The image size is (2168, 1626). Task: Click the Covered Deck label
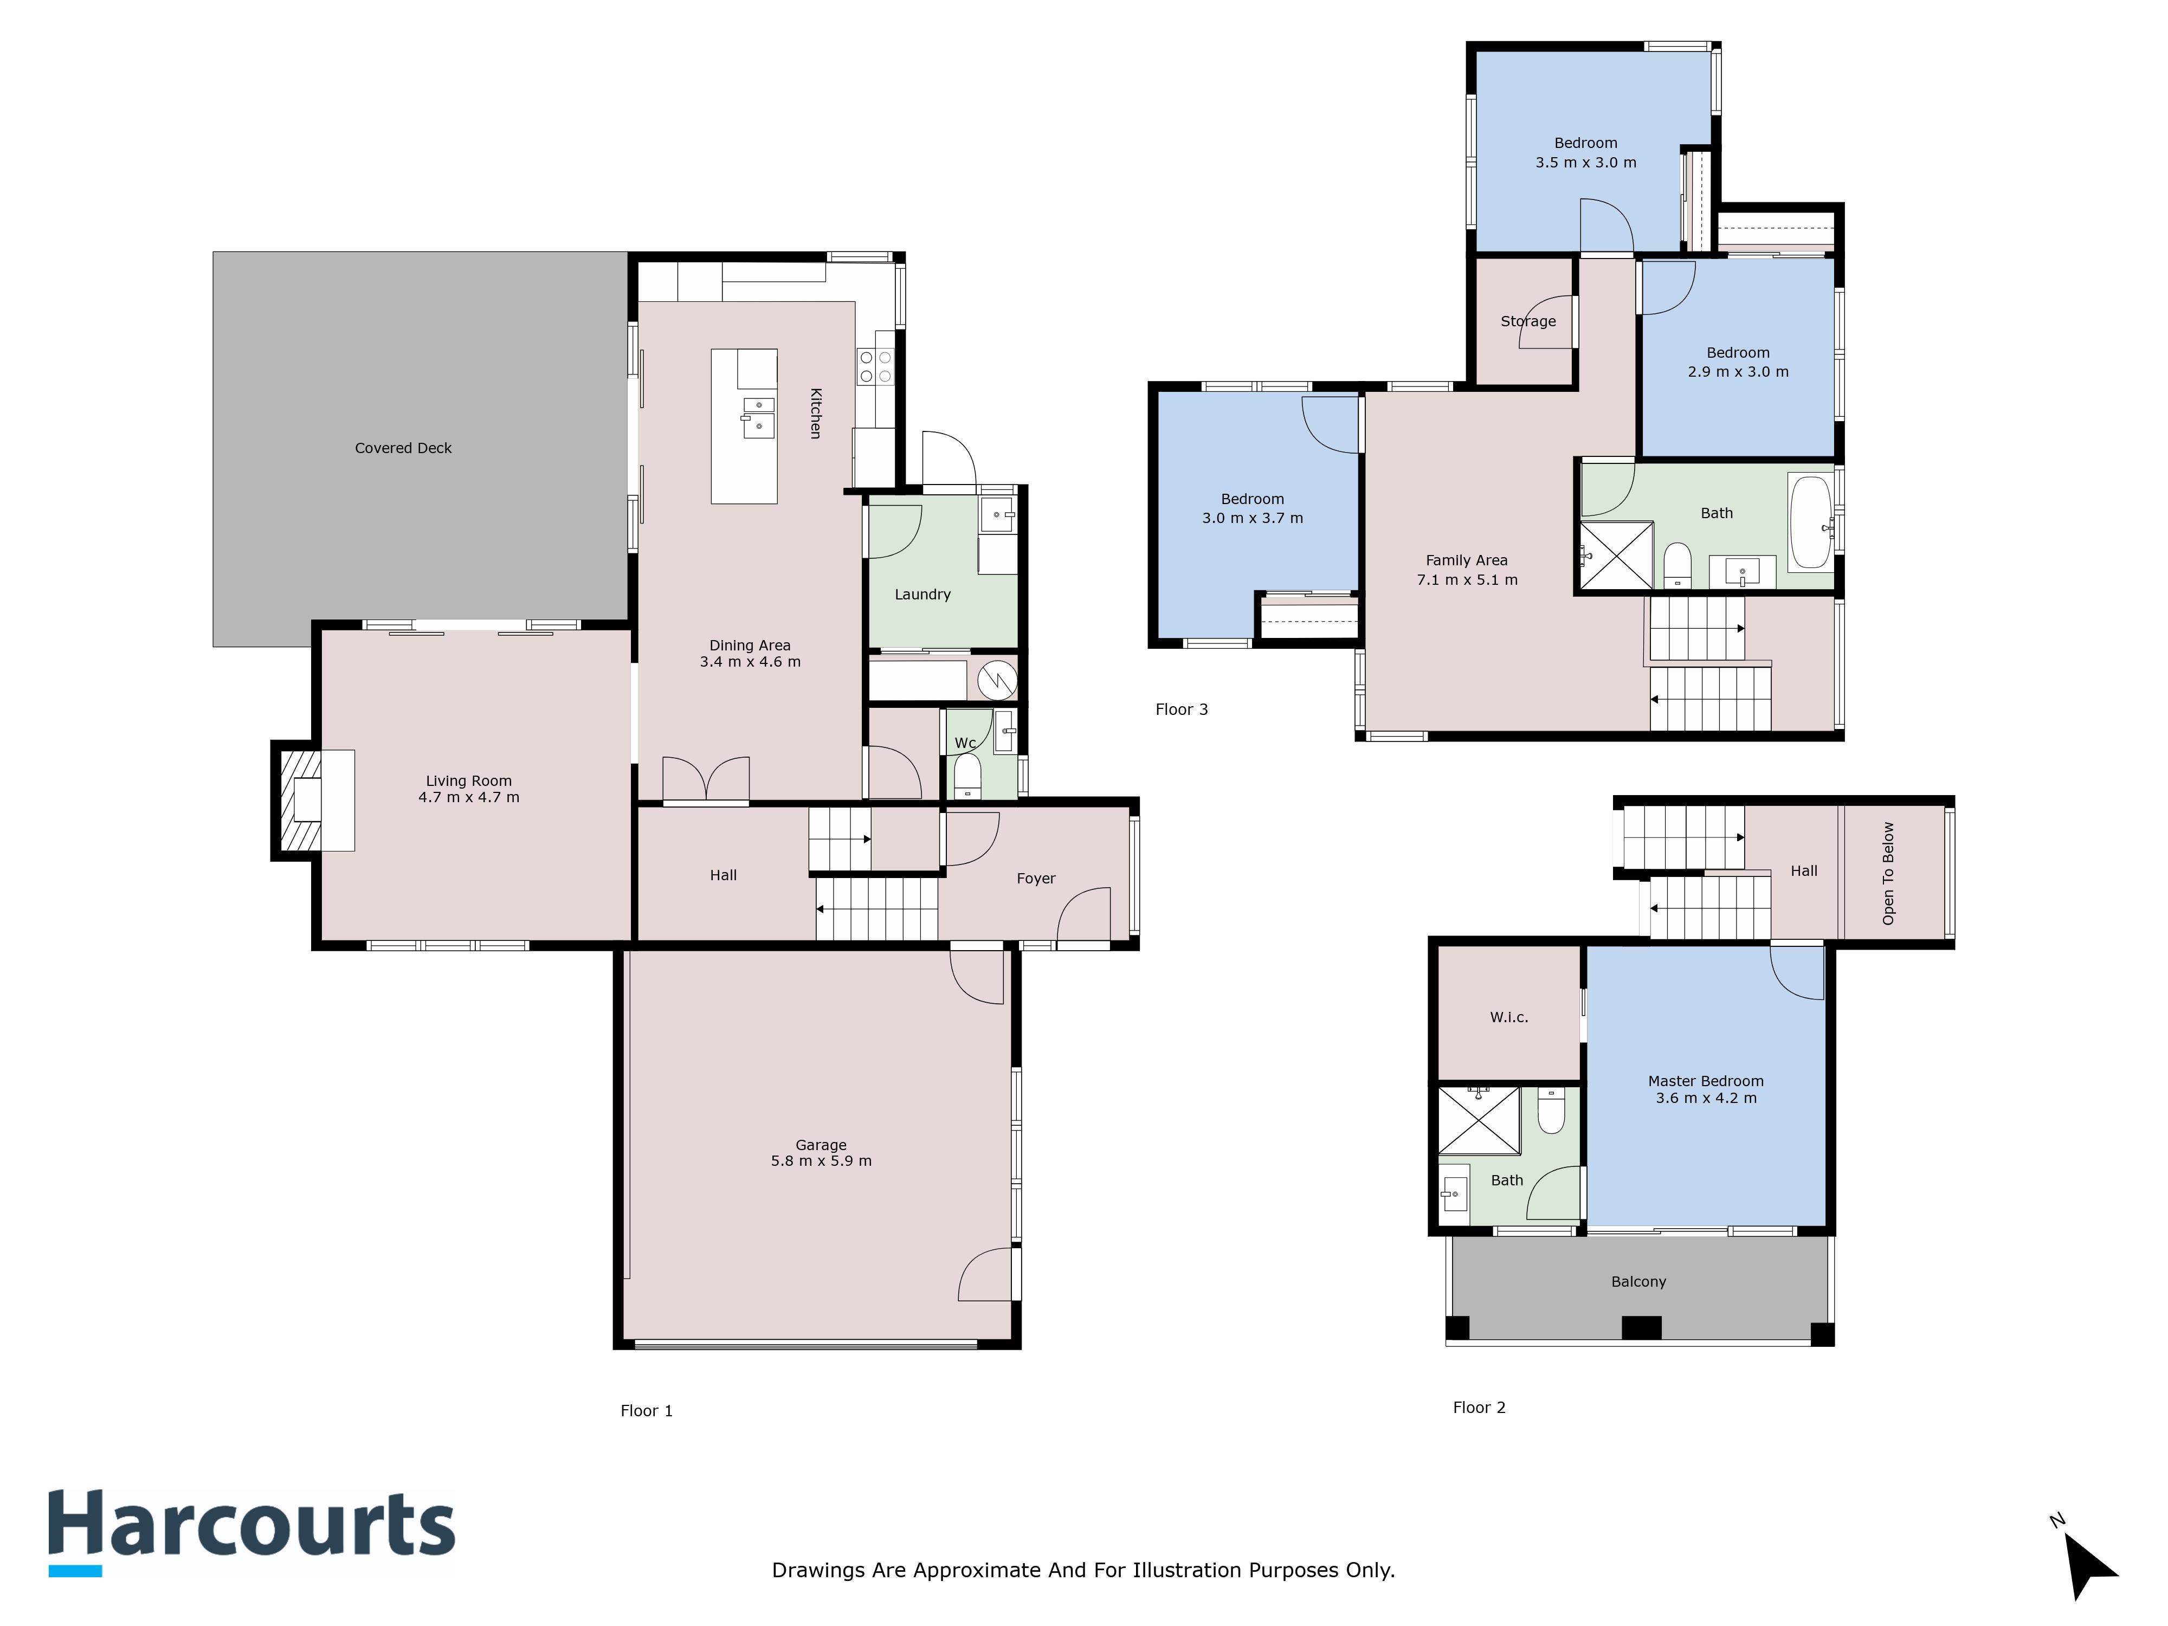coord(403,448)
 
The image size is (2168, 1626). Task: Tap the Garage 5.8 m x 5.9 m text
coord(821,1153)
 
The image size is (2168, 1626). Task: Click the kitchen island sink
coord(758,417)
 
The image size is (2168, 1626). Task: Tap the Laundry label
coord(922,594)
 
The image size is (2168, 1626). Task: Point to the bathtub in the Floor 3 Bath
coord(1809,524)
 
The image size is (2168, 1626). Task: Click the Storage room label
coord(1527,321)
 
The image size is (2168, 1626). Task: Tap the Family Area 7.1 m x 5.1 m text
coord(1466,570)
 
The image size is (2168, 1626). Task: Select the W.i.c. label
coord(1508,1017)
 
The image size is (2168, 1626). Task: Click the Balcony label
coord(1638,1281)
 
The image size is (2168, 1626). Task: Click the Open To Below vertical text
coord(1888,872)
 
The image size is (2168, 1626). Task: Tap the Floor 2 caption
coord(1478,1408)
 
